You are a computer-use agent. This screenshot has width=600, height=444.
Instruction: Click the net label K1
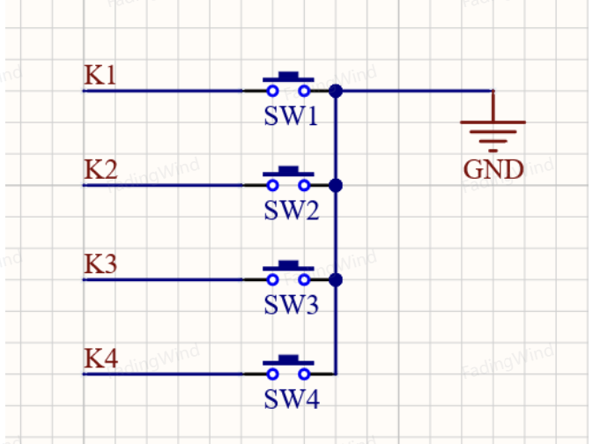pos(100,75)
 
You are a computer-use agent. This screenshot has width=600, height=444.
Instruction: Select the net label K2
pos(100,169)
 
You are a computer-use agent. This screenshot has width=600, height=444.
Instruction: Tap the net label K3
pos(100,263)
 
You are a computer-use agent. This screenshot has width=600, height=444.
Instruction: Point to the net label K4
pos(100,359)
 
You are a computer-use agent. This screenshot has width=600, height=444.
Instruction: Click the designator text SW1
pos(291,115)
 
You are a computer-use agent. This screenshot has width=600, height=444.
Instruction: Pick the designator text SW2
pos(292,211)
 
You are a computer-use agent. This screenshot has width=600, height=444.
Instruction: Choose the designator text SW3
pos(292,305)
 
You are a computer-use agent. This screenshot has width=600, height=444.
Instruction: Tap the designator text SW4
pos(292,399)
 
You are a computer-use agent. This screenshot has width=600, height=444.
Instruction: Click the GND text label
pos(493,169)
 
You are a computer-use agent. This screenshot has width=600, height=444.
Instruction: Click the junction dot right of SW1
pos(336,91)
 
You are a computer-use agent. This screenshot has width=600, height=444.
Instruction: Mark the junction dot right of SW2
pos(336,186)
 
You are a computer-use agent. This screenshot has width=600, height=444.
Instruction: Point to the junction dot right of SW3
pos(336,280)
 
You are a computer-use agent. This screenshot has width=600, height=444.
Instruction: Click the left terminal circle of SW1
pos(272,91)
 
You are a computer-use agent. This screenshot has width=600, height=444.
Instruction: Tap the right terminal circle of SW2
pos(304,186)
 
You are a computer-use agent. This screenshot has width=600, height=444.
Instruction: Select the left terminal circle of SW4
pos(272,374)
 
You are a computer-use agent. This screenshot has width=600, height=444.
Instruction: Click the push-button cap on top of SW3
pos(288,266)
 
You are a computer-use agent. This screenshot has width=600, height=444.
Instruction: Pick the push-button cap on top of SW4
pos(288,360)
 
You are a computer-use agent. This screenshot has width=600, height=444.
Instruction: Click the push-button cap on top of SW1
pos(288,77)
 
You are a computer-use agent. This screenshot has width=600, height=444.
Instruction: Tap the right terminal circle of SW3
pos(304,280)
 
